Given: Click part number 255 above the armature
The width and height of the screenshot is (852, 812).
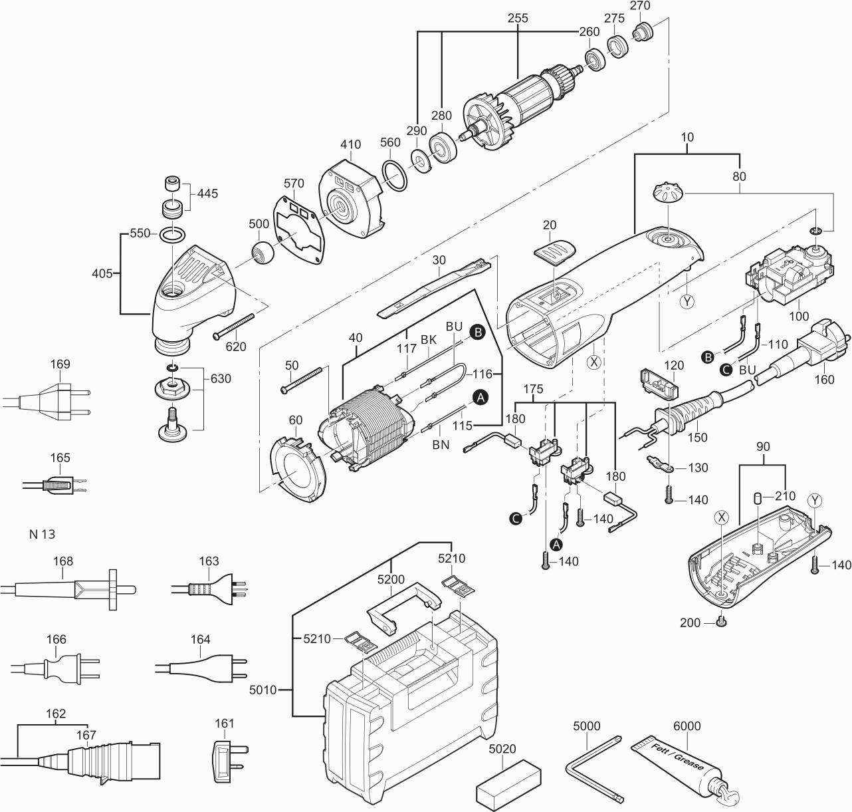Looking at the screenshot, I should [517, 19].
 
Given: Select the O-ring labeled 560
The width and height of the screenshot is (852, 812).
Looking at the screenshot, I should [393, 174].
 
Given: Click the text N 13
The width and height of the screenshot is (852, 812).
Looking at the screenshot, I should [43, 534].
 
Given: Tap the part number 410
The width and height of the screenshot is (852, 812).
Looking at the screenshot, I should [350, 144].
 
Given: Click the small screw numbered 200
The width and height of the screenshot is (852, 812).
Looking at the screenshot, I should [723, 622].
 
